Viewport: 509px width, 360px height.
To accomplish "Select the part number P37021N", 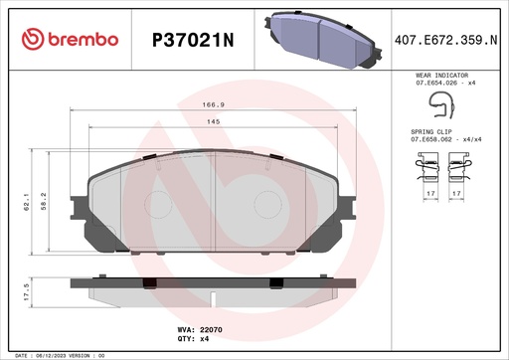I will (191, 39).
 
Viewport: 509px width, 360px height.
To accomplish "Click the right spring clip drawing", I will (458, 173).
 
